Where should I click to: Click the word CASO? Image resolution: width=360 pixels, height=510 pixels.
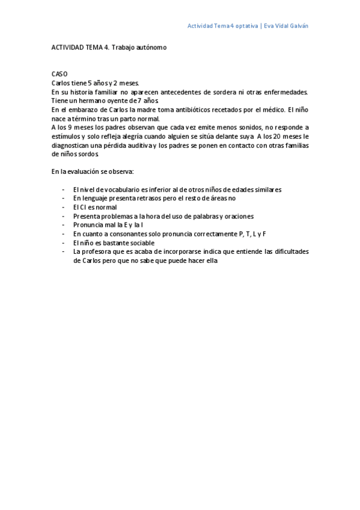[59, 73]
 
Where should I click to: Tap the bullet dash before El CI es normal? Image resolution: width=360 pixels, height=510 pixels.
[64, 206]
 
